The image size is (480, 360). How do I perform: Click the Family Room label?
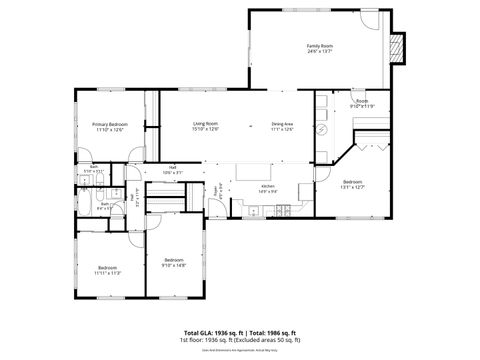pos(320,46)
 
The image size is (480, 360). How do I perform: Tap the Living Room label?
pos(206,123)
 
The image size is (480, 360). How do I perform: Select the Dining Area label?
pos(283,123)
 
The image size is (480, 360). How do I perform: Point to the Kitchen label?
pos(267,186)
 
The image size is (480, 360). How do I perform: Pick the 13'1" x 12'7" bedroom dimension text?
pos(331,186)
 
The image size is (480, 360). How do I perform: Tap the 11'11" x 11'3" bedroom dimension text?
pos(107,271)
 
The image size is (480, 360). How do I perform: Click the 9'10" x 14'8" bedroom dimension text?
pos(175,265)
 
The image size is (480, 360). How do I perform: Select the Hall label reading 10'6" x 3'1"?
pos(173,172)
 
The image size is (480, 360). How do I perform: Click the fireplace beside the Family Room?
pos(399,48)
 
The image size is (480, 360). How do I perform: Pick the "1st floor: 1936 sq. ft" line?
pos(205,340)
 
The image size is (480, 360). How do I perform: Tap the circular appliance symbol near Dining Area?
pos(321,130)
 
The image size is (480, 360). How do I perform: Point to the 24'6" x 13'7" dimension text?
pos(320,52)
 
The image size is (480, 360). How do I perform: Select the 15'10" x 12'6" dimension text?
pos(206,129)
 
